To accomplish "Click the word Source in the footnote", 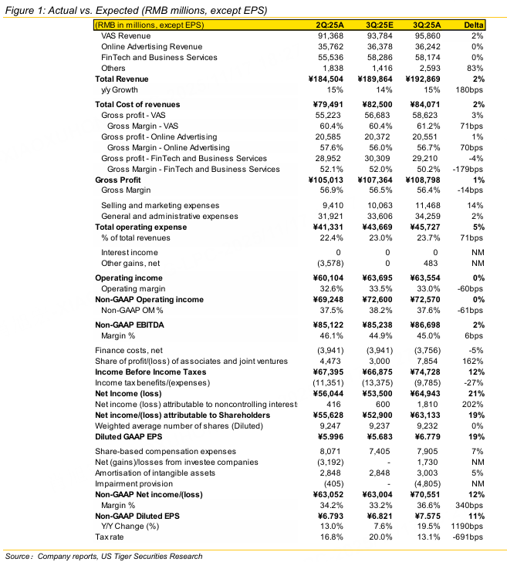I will coord(19,555).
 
